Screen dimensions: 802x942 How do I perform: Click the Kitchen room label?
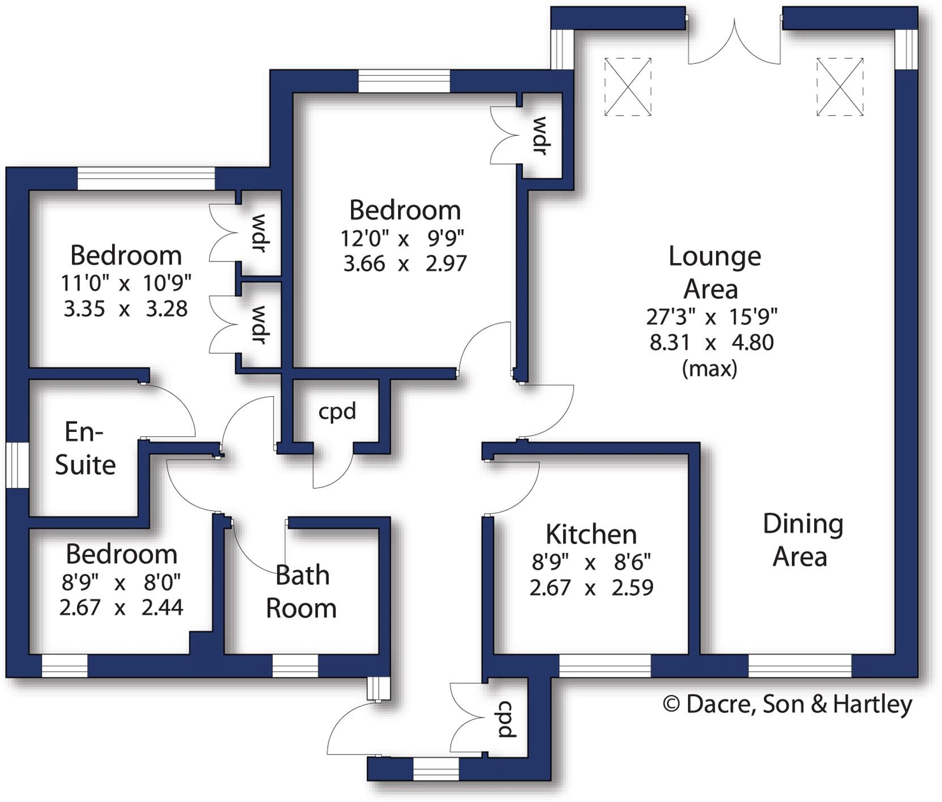coord(591,535)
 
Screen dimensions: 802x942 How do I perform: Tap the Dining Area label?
coord(802,541)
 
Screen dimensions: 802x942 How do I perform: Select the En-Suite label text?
coord(85,448)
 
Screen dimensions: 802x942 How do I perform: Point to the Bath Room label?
coord(302,592)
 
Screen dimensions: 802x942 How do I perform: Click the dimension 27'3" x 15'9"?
coord(712,316)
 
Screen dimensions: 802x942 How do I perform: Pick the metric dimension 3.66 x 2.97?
coord(405,264)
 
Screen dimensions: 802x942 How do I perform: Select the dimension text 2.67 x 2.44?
coord(121,607)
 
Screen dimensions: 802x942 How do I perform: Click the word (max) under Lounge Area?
coord(710,369)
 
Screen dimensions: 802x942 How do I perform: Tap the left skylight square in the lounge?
coord(627,87)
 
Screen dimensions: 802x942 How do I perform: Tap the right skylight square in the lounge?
coord(840,87)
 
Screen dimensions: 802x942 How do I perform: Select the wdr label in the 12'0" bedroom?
coord(540,136)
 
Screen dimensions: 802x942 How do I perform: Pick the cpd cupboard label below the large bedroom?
coord(337,411)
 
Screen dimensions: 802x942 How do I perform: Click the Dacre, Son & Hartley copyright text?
coord(787,704)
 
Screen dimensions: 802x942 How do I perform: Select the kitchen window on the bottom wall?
coord(605,666)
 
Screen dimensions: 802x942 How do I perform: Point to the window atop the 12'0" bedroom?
coord(404,80)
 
